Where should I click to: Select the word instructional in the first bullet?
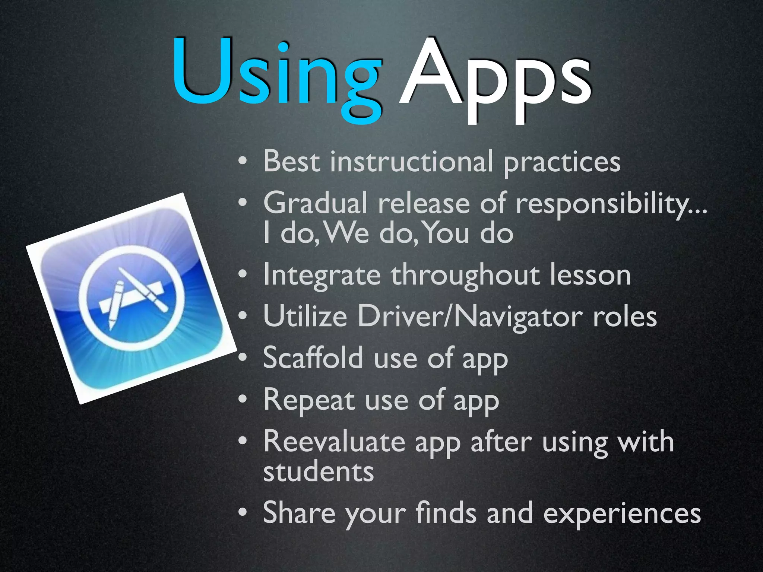pos(412,162)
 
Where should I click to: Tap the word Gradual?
pos(315,204)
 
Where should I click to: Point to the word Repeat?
pos(309,400)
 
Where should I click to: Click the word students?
pos(319,472)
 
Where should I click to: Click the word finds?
pos(446,513)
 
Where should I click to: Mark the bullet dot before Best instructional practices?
pos(243,162)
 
